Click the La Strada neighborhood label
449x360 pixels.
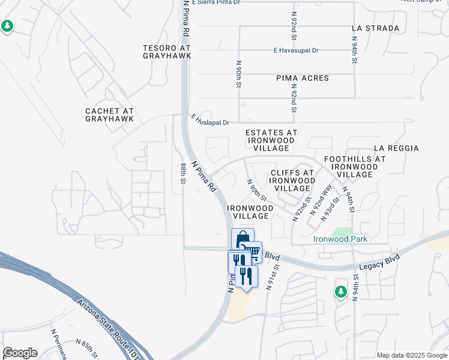coord(375,28)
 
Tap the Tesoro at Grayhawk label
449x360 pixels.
coord(167,52)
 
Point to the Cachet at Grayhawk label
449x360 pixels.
coord(109,115)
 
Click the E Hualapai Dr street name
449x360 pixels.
coord(211,121)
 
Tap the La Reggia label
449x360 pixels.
coord(396,148)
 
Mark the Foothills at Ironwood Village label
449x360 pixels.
coord(355,167)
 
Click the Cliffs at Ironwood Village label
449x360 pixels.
coord(292,180)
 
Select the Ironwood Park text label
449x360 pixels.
coord(340,239)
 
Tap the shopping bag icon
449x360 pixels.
coord(243,239)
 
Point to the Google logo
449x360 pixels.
coord(20,353)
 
